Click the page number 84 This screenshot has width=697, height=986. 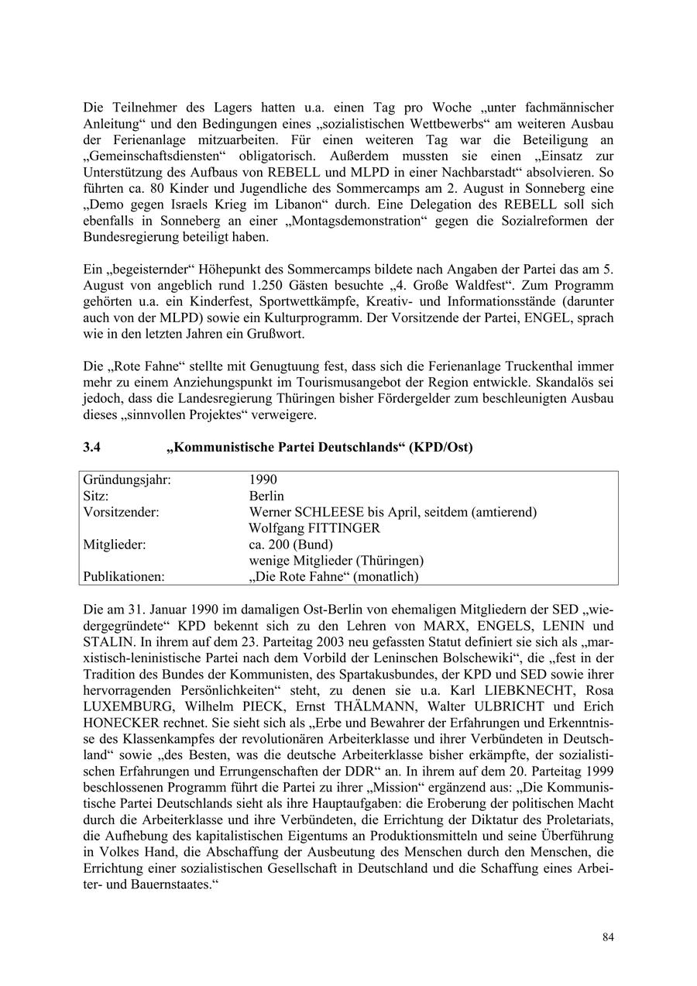point(608,937)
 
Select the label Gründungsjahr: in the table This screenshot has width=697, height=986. point(126,479)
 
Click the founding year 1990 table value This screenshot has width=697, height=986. point(263,479)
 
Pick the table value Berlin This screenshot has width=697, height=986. point(266,496)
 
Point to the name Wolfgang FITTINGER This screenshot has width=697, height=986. point(314,528)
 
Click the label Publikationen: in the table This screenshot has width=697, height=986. point(124,577)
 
